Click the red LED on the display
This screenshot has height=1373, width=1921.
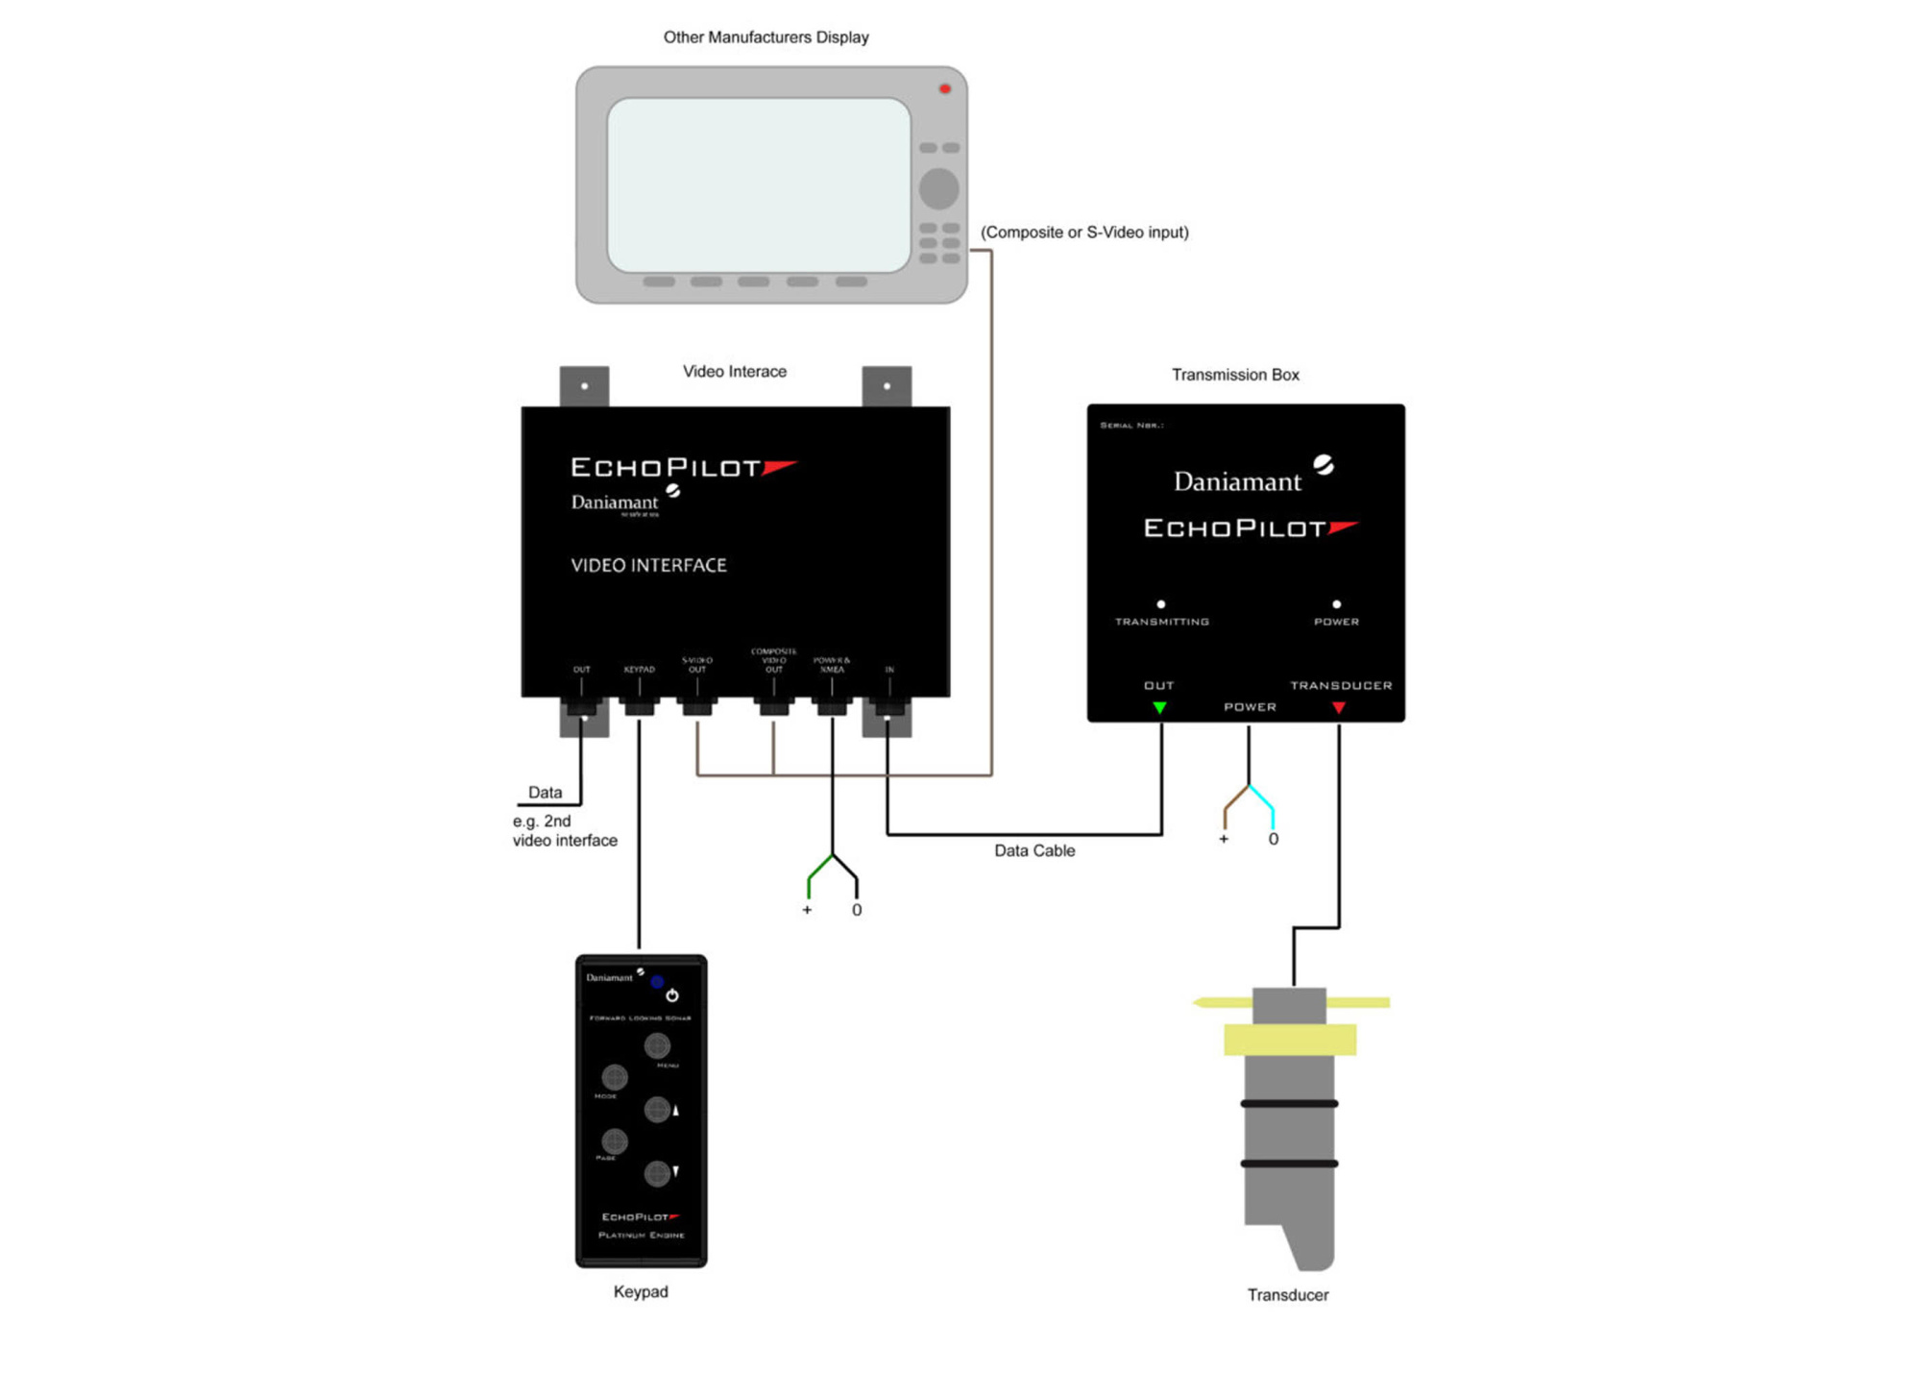pos(944,89)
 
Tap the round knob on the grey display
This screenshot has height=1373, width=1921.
pos(938,188)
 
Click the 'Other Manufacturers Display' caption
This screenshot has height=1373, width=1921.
pos(766,37)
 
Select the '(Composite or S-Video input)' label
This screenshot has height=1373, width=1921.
pos(1084,233)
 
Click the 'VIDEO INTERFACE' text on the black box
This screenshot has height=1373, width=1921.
pos(648,566)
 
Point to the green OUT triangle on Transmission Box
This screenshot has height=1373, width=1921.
pos(1160,708)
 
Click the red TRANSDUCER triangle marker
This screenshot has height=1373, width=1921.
pos(1339,708)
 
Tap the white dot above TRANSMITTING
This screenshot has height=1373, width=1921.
pos(1161,604)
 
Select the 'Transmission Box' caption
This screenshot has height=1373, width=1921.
pos(1235,375)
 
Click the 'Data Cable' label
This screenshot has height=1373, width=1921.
pos(1034,850)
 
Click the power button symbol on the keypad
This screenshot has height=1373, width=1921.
pos(672,995)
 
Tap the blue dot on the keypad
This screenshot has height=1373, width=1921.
pos(657,982)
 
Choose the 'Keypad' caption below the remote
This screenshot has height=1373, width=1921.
pos(641,1291)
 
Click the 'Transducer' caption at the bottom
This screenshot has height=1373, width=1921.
pos(1288,1295)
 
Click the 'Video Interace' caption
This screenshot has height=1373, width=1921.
pos(735,372)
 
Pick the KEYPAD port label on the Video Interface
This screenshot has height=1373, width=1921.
pos(639,670)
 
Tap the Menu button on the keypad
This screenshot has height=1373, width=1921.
pos(657,1045)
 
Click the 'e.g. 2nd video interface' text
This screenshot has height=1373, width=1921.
pos(564,831)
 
